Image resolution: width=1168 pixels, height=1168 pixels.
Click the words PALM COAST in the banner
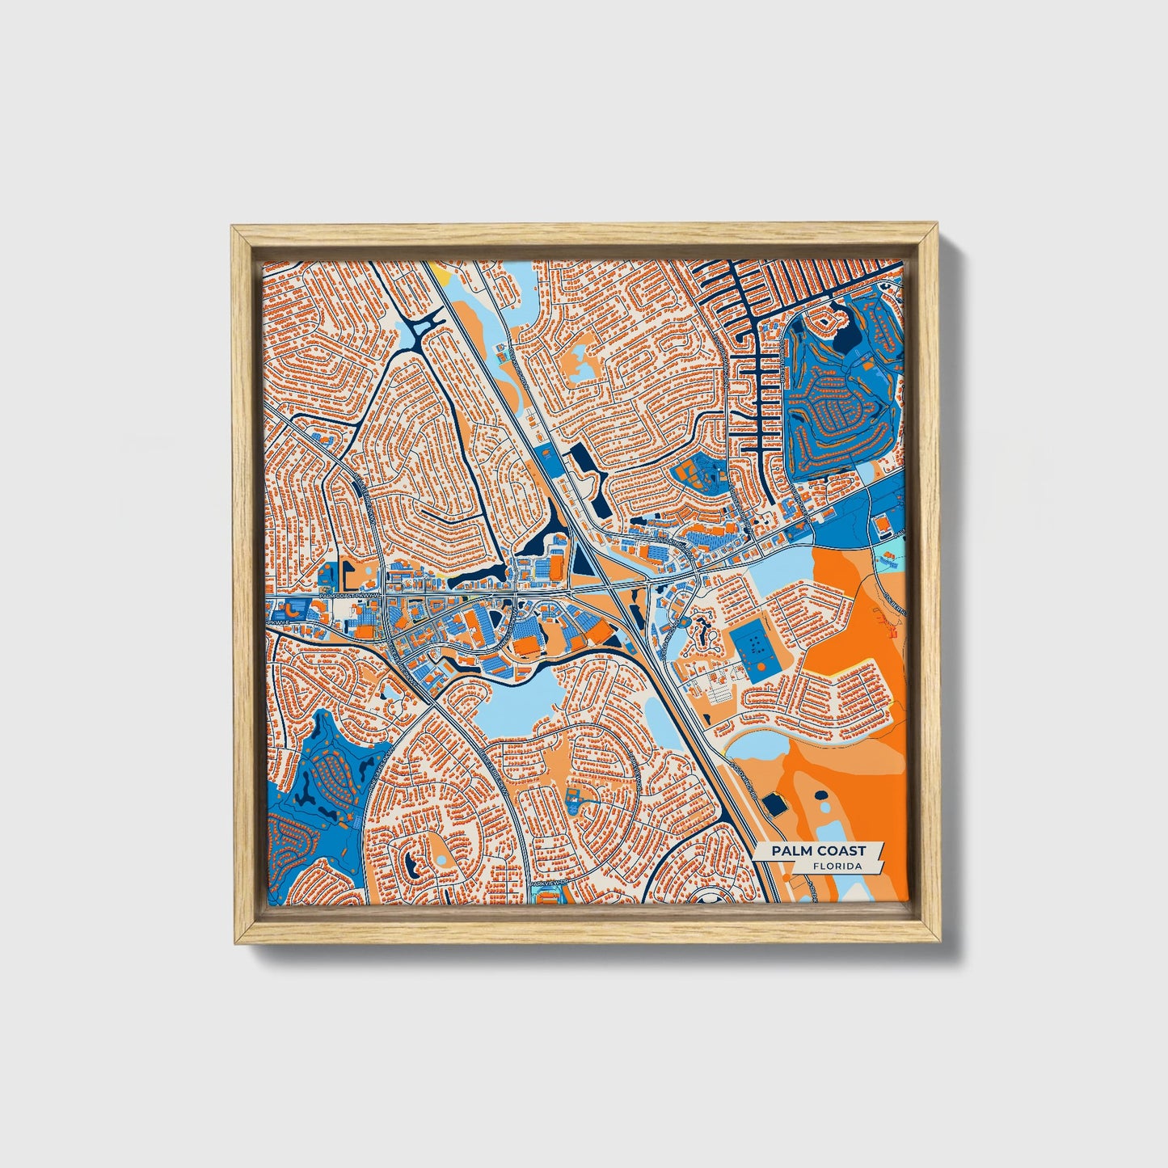[x=817, y=850]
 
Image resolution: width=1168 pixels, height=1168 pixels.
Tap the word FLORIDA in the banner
[x=837, y=866]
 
